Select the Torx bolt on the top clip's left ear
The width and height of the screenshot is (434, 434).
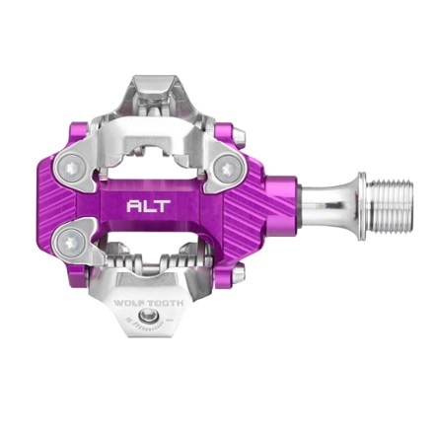74,168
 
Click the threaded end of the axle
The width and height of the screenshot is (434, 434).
379,208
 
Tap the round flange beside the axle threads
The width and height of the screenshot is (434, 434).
353,208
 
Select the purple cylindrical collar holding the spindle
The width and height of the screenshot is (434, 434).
285,208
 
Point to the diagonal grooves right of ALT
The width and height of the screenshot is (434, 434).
227,207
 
